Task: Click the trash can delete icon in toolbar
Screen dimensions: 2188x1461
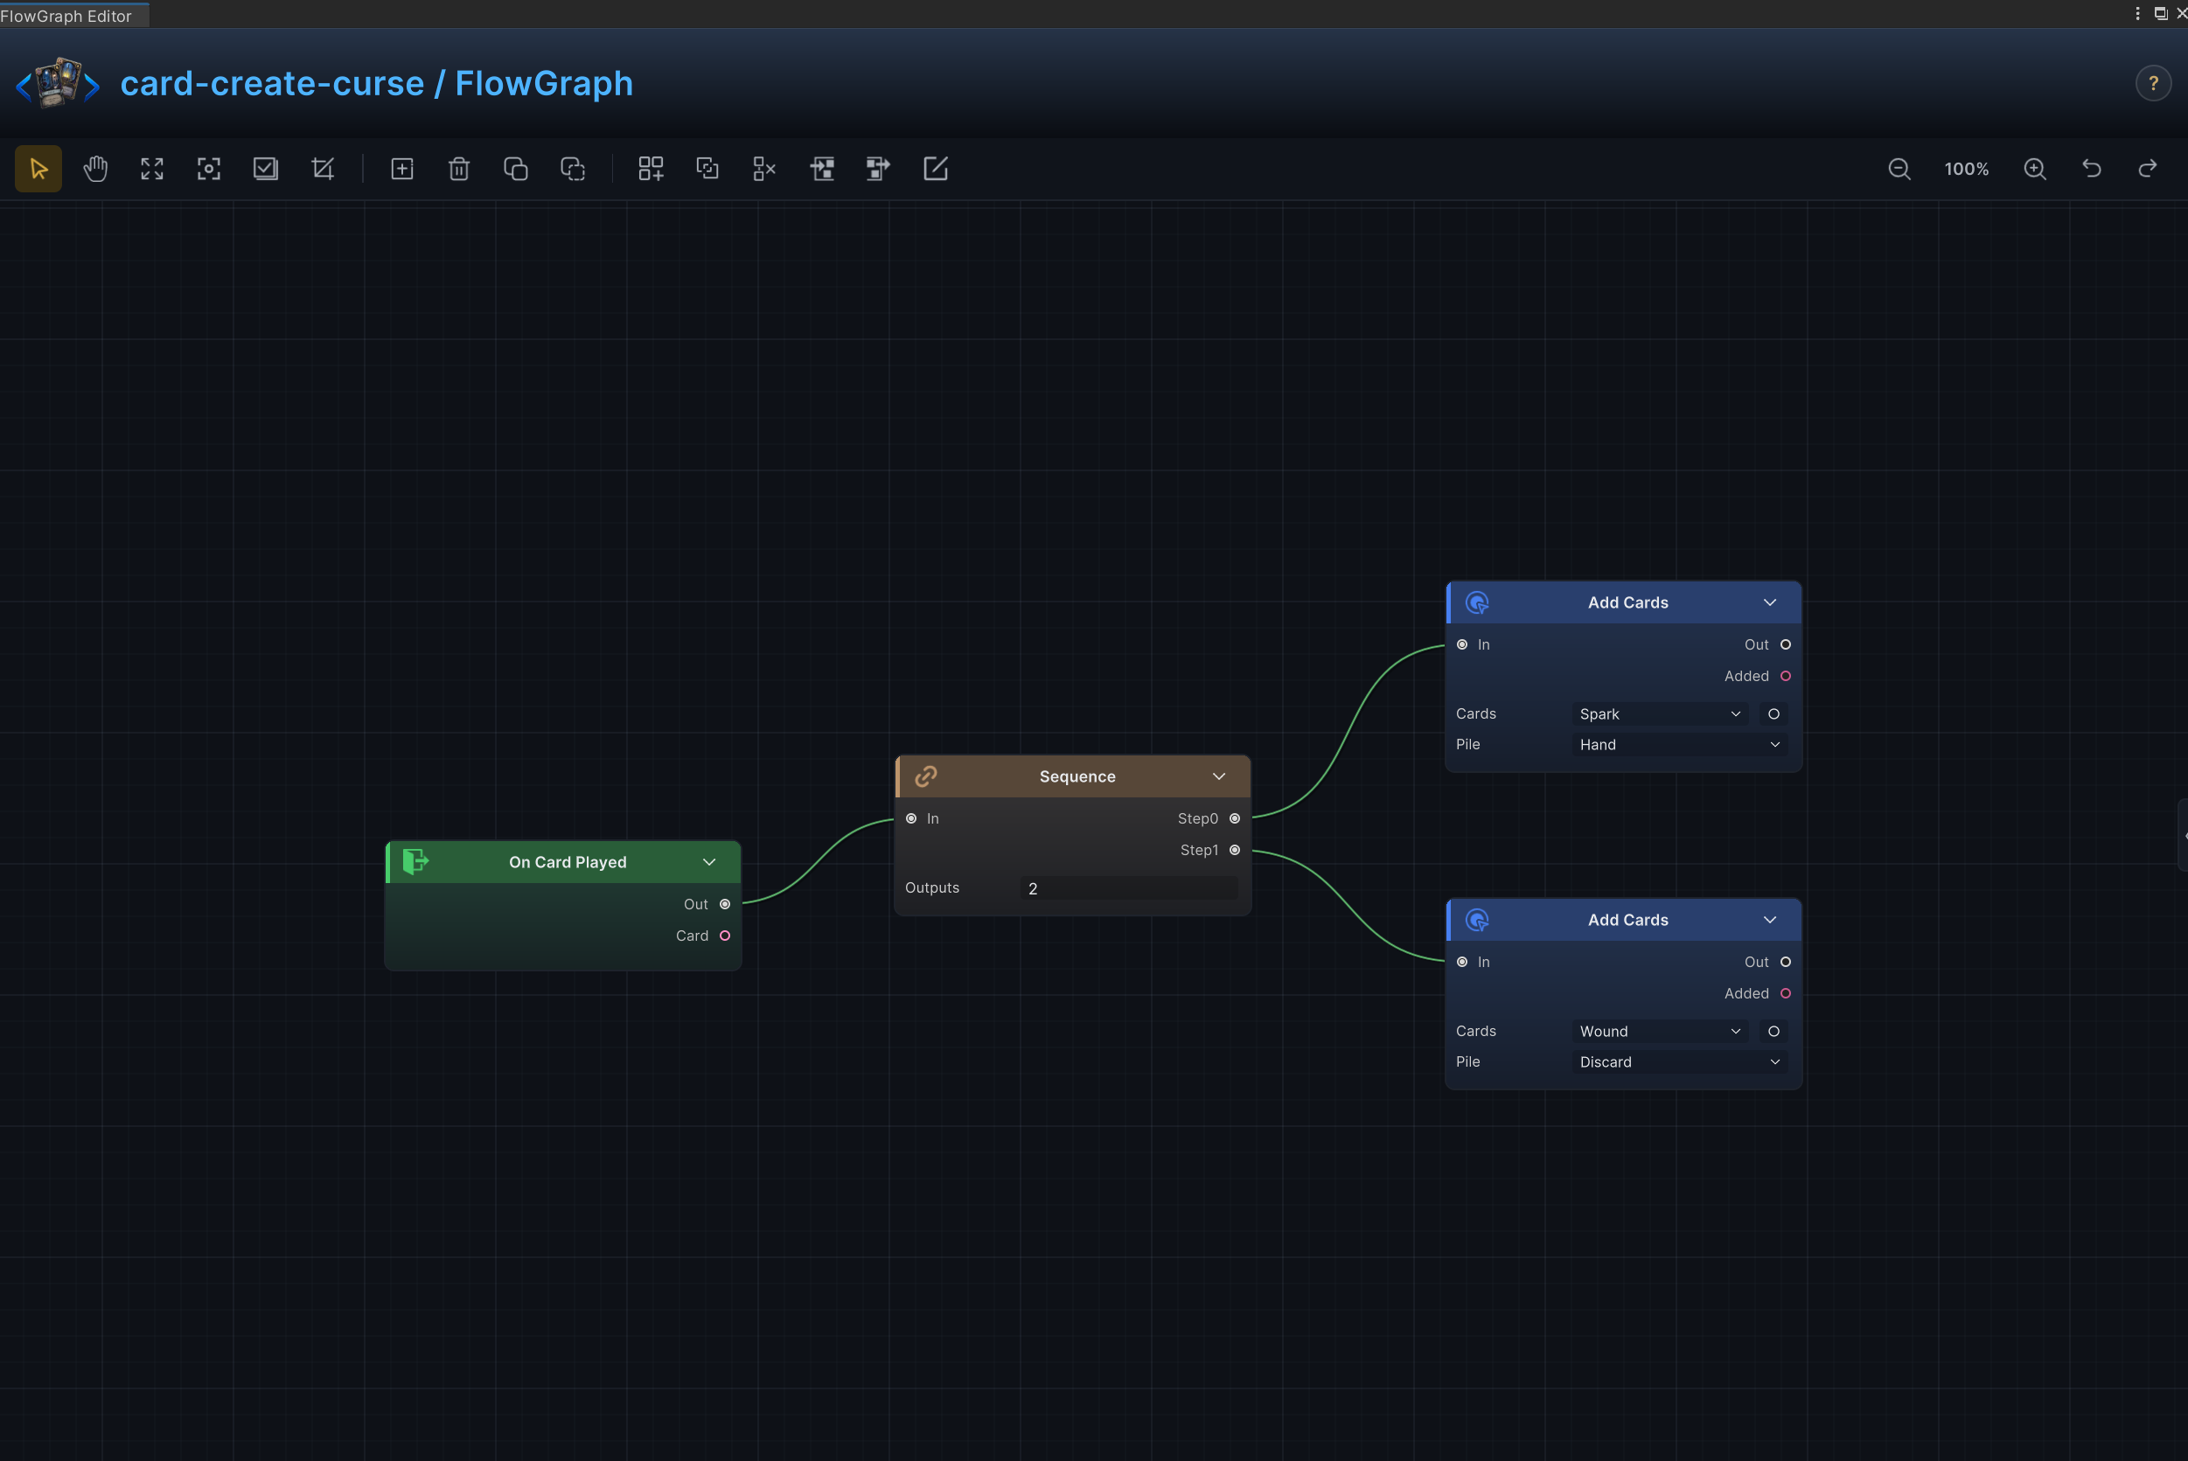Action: [458, 169]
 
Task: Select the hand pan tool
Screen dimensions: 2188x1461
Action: [95, 169]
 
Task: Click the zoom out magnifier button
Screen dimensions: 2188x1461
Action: [1899, 169]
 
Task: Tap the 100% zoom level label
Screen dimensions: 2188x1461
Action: [1966, 169]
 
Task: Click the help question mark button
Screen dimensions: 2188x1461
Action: [2153, 84]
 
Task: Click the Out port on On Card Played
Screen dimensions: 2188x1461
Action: [725, 904]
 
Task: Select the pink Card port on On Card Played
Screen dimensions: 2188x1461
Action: [725, 936]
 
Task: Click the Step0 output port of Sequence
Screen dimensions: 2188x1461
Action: [1235, 818]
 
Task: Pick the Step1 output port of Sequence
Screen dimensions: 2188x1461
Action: [1235, 850]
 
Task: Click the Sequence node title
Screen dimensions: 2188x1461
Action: [1077, 776]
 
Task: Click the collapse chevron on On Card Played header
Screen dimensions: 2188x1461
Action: [709, 862]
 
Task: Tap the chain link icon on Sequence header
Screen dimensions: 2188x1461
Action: [925, 776]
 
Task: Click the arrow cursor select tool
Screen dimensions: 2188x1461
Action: [38, 169]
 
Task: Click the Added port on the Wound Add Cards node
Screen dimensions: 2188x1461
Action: [1786, 993]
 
